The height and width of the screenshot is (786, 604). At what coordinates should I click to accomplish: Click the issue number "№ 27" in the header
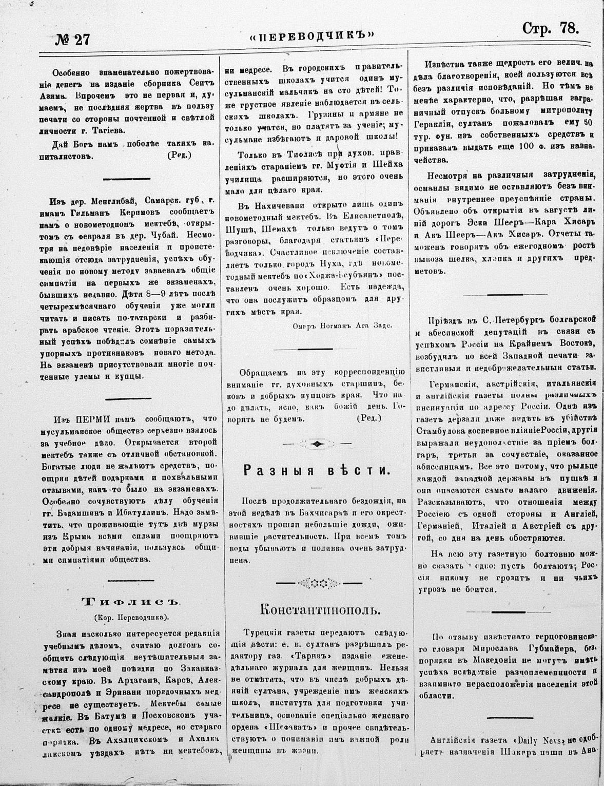click(x=72, y=40)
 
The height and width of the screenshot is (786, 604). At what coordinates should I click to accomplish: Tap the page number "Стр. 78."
click(x=550, y=29)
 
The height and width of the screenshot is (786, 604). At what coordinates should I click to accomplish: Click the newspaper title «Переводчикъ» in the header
click(x=311, y=36)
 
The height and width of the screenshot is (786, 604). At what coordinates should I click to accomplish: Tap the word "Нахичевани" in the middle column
click(x=268, y=205)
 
